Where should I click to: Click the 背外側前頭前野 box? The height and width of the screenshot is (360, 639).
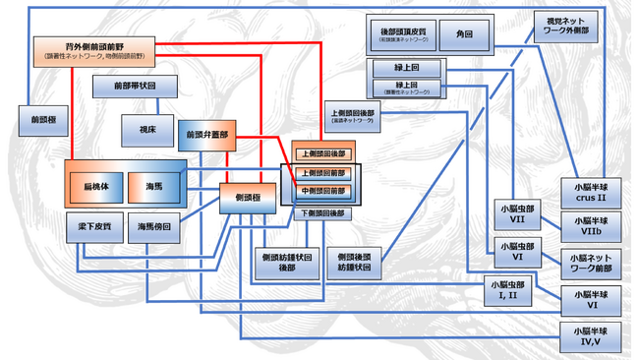94,50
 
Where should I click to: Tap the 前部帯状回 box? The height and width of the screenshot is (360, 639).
137,88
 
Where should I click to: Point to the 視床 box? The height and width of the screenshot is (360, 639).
146,130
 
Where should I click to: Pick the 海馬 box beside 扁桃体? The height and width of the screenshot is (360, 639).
154,185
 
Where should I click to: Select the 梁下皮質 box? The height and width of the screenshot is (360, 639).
95,227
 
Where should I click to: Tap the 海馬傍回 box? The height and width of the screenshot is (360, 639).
154,227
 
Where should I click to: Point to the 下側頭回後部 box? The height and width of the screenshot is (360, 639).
322,213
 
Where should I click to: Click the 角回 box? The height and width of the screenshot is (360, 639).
464,34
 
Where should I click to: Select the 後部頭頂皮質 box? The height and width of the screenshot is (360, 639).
399,34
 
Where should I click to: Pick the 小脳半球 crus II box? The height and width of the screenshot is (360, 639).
592,191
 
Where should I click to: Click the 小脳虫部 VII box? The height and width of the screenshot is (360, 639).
516,214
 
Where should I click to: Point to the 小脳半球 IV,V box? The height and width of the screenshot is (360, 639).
592,334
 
